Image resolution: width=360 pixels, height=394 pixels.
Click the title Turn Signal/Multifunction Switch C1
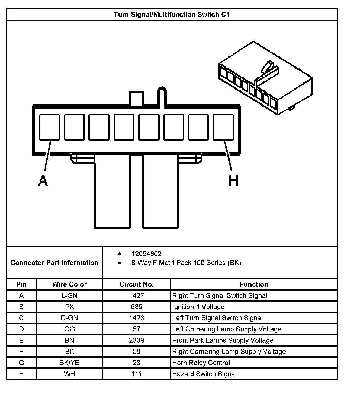pos(172,14)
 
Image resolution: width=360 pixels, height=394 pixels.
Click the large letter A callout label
pos(43,181)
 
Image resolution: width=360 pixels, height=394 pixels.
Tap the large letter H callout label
pos(233,181)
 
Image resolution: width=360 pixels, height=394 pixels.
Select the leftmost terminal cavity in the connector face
pos(50,127)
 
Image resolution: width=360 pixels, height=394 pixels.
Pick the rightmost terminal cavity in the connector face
pos(223,127)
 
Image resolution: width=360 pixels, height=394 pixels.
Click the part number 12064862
pos(146,253)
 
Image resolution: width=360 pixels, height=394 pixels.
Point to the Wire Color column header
pos(69,284)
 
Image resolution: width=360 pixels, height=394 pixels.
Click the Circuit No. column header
pos(136,284)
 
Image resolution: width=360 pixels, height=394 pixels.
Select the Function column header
pos(254,284)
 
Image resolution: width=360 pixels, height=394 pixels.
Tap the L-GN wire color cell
pos(69,295)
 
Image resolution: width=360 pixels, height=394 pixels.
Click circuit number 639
pos(136,307)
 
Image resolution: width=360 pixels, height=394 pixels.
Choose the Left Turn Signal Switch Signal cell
pos(217,318)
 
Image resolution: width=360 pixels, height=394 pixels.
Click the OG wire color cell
pos(69,329)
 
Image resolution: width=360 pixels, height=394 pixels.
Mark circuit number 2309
pos(136,340)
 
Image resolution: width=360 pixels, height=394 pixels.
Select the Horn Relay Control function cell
pos(201,363)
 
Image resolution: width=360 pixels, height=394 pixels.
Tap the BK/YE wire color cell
pos(69,363)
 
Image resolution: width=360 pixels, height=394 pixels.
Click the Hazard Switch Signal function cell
pos(204,374)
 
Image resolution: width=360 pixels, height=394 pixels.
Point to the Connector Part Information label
pos(54,263)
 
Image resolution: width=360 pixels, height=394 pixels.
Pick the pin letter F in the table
pos(21,352)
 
